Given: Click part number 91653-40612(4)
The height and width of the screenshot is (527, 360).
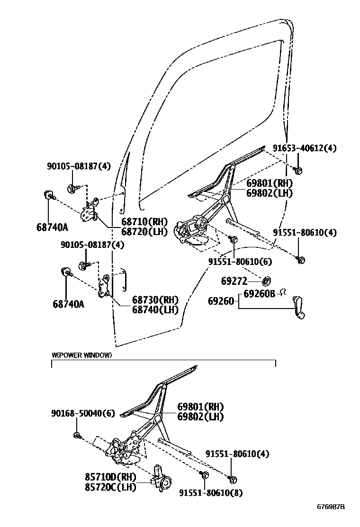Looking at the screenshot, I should pyautogui.click(x=304, y=148).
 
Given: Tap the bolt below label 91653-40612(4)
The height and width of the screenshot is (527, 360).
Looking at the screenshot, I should pyautogui.click(x=299, y=170).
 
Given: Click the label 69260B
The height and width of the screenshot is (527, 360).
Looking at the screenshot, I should pyautogui.click(x=260, y=294).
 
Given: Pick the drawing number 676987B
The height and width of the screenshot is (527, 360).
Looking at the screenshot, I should pyautogui.click(x=331, y=506).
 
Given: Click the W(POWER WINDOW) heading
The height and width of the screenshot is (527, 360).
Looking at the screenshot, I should pyautogui.click(x=81, y=355).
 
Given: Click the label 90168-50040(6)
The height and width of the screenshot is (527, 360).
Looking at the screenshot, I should pyautogui.click(x=83, y=413).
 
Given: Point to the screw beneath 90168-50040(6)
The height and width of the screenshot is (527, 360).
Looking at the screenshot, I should pyautogui.click(x=77, y=435).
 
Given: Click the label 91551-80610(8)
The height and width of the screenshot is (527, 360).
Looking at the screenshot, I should pyautogui.click(x=210, y=493).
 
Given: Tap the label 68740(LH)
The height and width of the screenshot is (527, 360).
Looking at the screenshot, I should pyautogui.click(x=154, y=310).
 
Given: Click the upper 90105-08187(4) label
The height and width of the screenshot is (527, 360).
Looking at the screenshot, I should pyautogui.click(x=79, y=166).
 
